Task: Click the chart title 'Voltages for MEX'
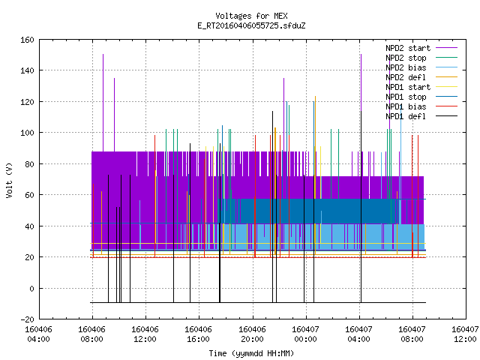[x=251, y=16]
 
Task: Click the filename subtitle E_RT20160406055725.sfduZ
[x=251, y=25]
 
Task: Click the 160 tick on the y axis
[x=27, y=40]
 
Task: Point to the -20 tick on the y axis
[x=27, y=319]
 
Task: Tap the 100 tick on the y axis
[x=27, y=133]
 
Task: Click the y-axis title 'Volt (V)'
[x=9, y=180]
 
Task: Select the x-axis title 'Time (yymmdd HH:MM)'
[x=251, y=353]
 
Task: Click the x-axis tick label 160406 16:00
[x=198, y=334]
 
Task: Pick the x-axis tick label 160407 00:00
[x=305, y=334]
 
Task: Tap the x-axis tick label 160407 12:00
[x=465, y=334]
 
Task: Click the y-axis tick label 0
[x=31, y=288]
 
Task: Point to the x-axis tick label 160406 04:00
[x=38, y=334]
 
